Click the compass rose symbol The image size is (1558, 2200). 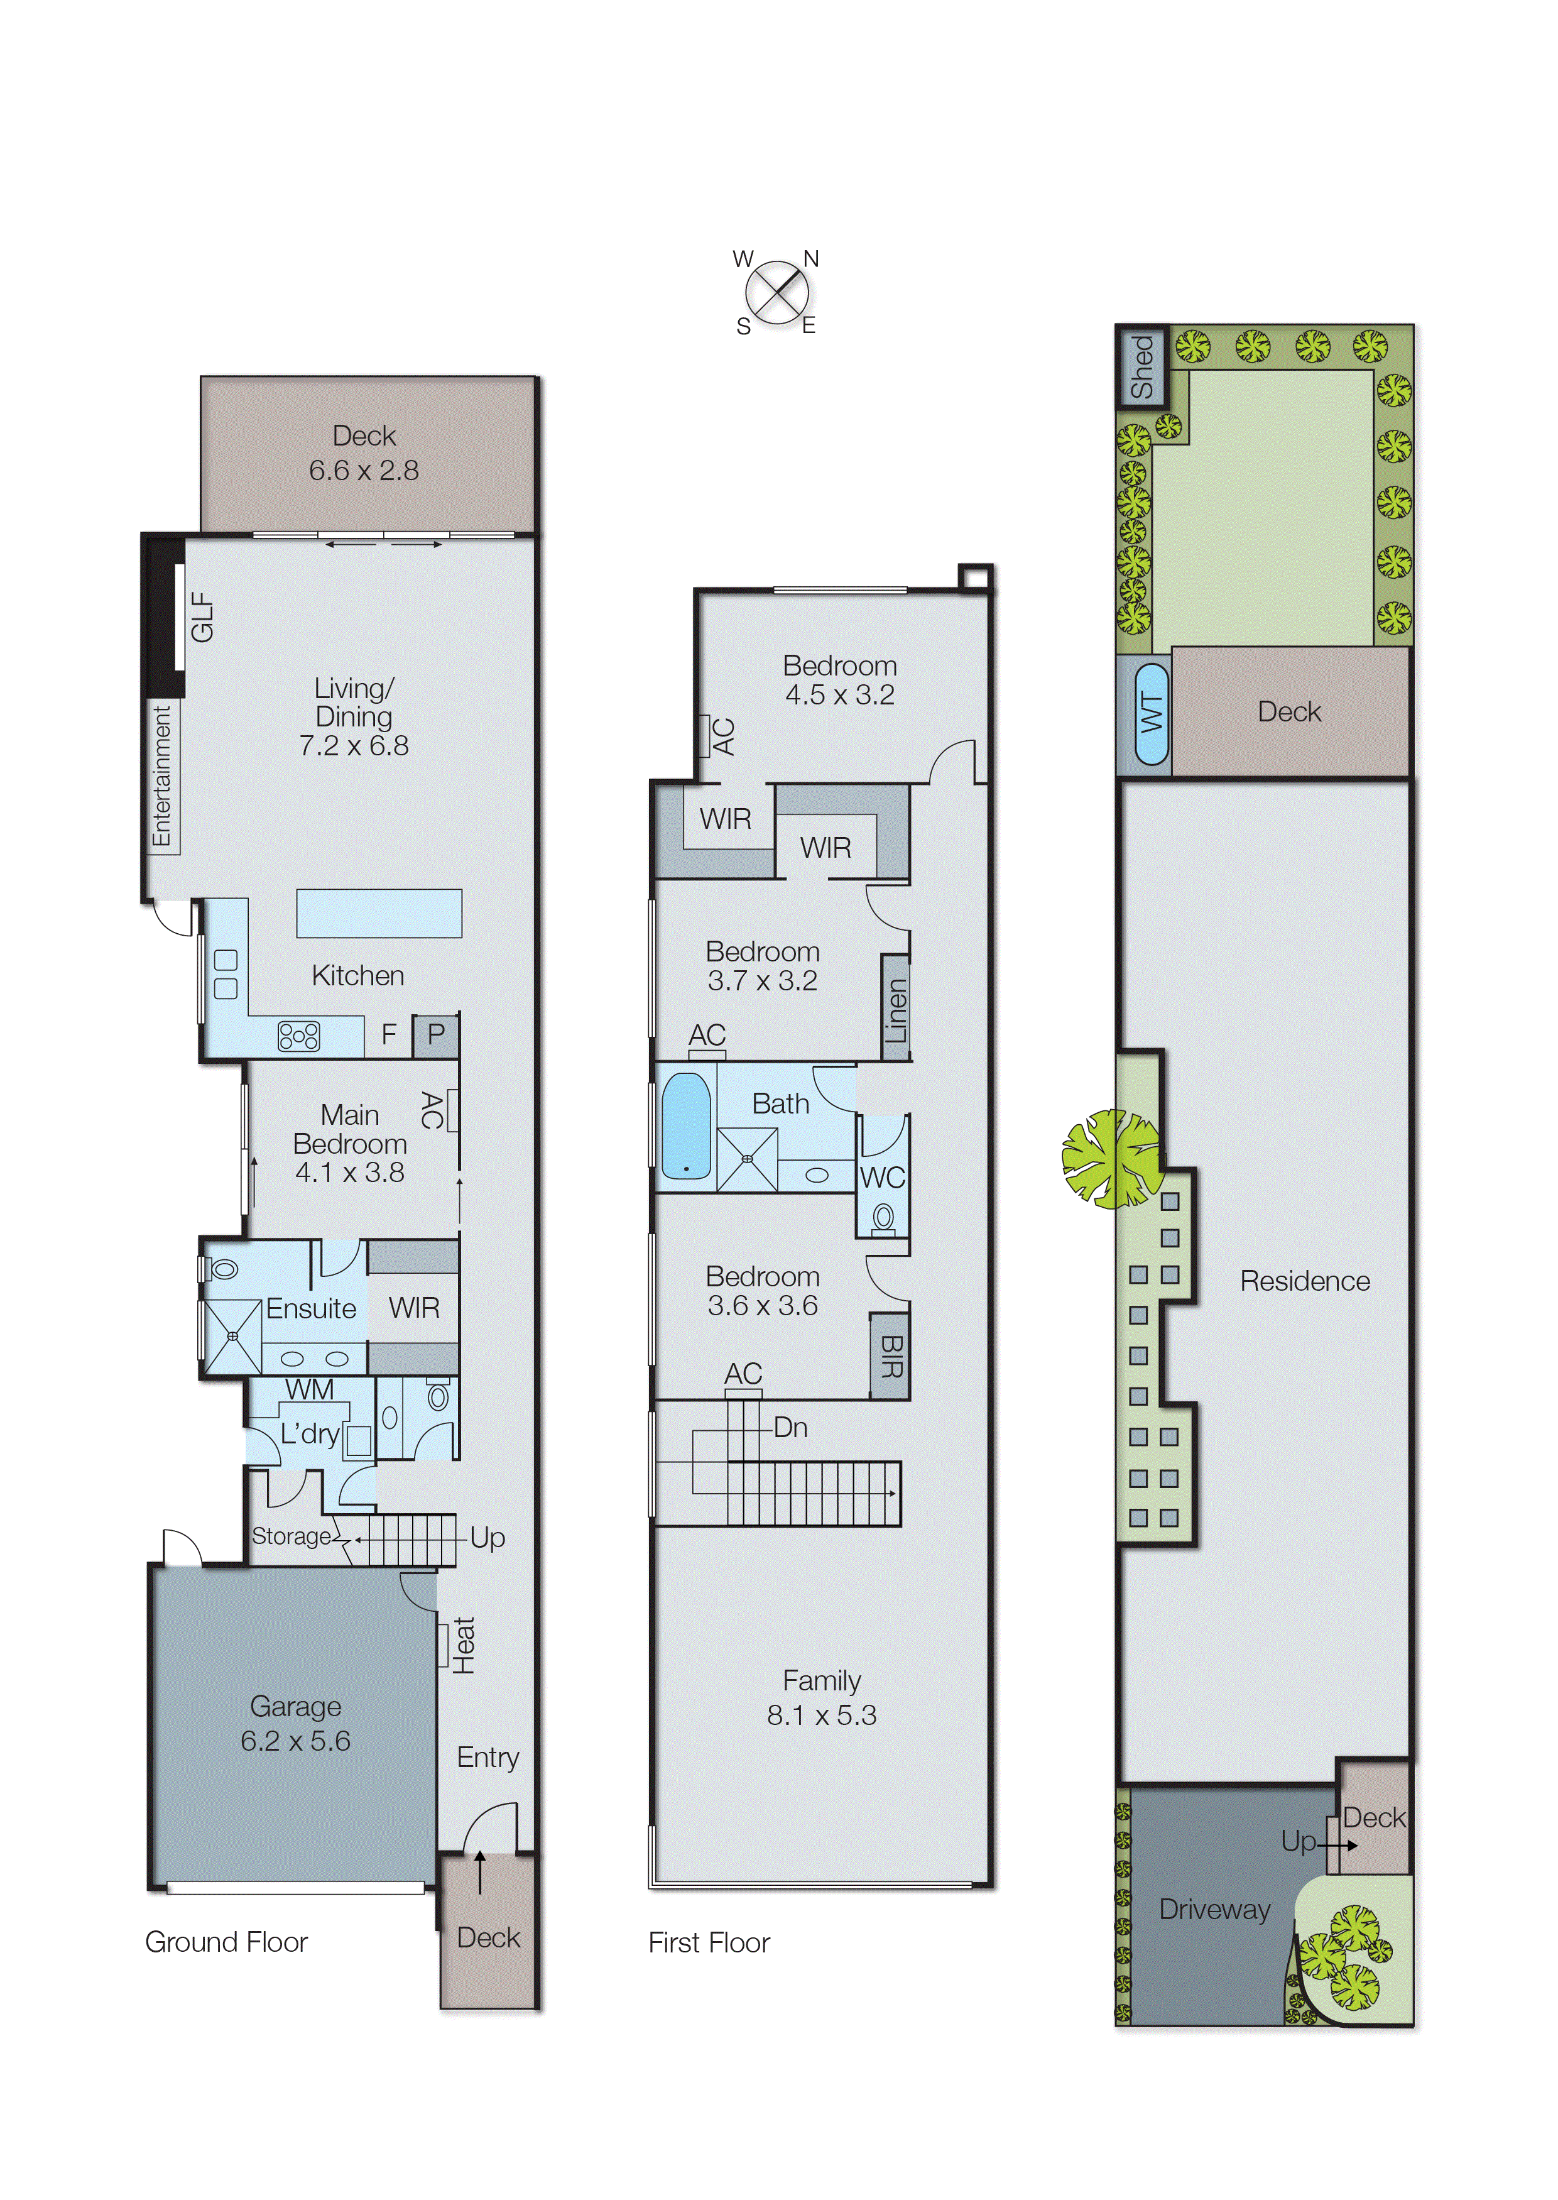click(776, 293)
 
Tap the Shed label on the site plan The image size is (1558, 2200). click(1141, 366)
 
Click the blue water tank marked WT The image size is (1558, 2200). click(1152, 713)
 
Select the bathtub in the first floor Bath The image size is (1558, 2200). click(686, 1125)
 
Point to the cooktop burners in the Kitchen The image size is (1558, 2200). click(298, 1036)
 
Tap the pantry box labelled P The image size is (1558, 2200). click(435, 1035)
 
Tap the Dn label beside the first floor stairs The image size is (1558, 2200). click(790, 1428)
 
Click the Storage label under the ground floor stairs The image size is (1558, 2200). click(291, 1536)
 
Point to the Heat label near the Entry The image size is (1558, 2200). click(464, 1645)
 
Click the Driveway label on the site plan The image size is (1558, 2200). click(1214, 1909)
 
